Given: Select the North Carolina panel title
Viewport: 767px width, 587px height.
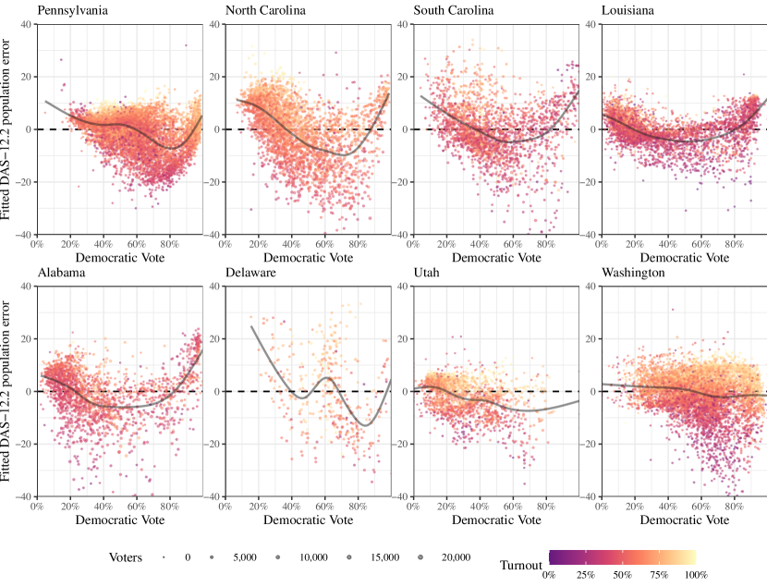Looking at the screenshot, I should click(x=268, y=11).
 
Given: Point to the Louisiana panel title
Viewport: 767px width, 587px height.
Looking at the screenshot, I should click(x=629, y=11).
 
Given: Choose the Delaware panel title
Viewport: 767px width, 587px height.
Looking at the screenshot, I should click(x=251, y=273).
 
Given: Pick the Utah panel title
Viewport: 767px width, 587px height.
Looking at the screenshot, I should click(x=428, y=273).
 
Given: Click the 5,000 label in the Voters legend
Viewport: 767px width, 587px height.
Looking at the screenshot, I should click(x=245, y=557).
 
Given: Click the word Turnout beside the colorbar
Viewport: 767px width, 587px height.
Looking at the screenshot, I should click(x=522, y=564).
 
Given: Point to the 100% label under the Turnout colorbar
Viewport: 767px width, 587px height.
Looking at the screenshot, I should click(x=694, y=575).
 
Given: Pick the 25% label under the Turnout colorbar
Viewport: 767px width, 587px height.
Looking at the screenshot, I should click(x=585, y=575).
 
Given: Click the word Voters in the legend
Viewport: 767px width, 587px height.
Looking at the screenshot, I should click(x=126, y=557).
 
